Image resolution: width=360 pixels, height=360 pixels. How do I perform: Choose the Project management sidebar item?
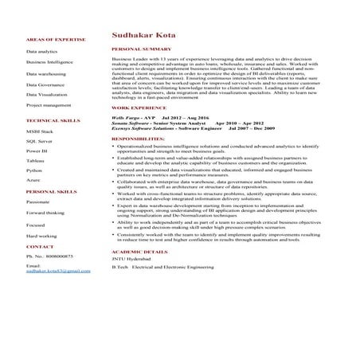click(49, 104)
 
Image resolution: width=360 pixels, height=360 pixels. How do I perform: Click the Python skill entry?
click(34, 170)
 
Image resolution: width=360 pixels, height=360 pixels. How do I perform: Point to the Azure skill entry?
click(33, 181)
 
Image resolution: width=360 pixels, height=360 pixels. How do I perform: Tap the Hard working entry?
click(41, 236)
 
